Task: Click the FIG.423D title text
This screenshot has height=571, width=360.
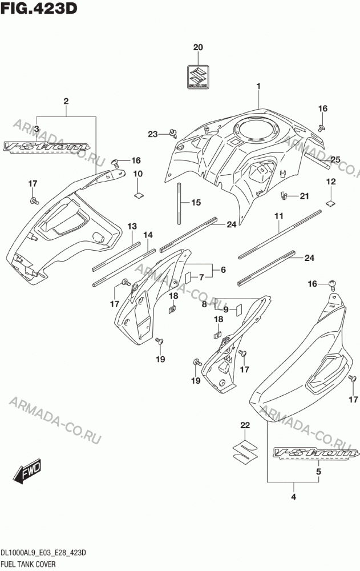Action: point(39,9)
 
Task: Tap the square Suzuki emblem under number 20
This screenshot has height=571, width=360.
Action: point(198,77)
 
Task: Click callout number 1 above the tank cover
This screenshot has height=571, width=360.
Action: point(258,86)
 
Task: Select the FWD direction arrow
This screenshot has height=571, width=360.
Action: point(27,471)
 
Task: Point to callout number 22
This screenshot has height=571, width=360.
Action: point(245,425)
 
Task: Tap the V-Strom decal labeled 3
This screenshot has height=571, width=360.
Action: point(47,147)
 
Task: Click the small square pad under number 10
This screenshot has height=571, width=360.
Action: point(139,195)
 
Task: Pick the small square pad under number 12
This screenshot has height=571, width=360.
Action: point(330,203)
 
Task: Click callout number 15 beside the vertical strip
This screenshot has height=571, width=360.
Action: point(196,203)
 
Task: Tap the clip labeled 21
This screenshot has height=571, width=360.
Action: point(284,196)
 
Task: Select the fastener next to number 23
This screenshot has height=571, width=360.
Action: point(173,133)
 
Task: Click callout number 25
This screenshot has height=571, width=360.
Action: point(335,159)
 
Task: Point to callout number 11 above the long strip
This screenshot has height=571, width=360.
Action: point(279,216)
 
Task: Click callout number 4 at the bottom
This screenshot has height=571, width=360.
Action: point(293,497)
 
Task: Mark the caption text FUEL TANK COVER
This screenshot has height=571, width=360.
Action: point(29,564)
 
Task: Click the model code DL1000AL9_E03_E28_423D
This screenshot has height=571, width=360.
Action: point(44,553)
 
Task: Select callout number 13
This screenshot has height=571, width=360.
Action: point(132,226)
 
